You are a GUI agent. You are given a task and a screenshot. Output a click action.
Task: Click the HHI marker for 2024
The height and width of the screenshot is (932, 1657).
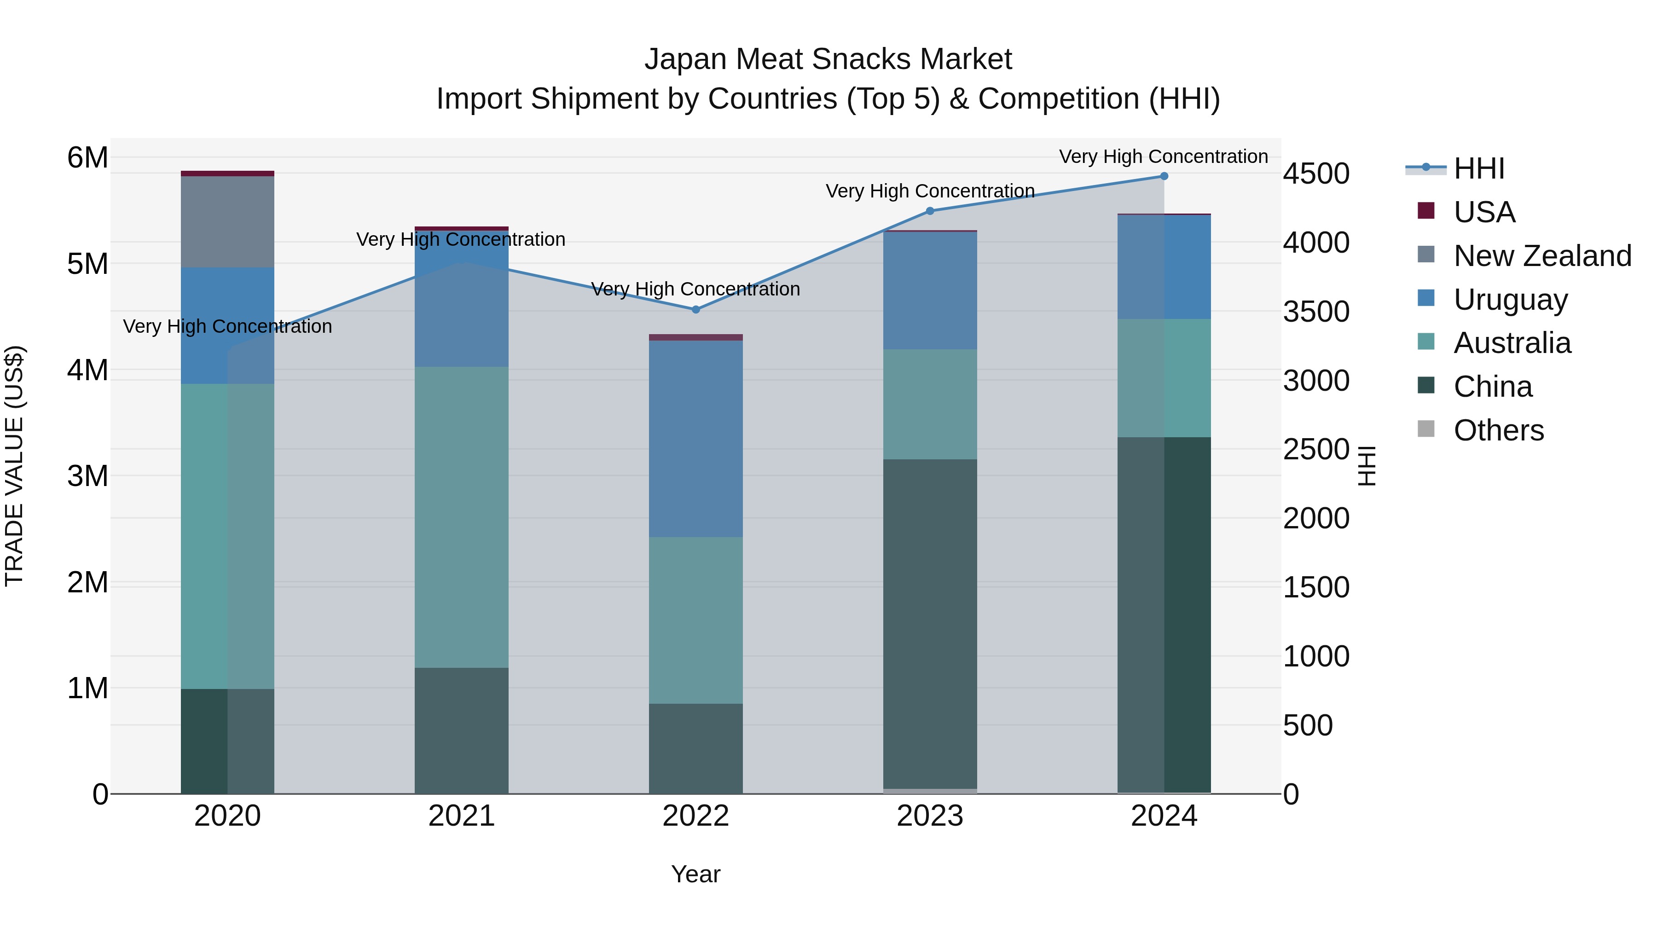pos(1164,176)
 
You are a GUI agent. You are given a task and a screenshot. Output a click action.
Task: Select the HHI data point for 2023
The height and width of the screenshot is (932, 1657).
pos(929,211)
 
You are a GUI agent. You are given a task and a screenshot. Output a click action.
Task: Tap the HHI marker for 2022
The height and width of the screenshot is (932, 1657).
pos(695,309)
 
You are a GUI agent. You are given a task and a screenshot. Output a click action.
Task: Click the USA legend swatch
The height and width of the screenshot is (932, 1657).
pos(1426,211)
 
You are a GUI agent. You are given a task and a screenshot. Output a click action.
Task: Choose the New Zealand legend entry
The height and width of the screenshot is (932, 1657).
pos(1542,256)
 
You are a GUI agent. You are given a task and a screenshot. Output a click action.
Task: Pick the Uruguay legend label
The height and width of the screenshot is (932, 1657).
pos(1510,300)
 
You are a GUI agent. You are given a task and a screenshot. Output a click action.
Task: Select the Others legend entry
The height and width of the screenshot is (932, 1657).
pos(1498,430)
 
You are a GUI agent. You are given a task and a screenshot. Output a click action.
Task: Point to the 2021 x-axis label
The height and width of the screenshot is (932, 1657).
pos(461,816)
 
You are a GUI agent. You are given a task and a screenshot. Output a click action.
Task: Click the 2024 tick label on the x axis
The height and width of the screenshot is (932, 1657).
pos(1164,816)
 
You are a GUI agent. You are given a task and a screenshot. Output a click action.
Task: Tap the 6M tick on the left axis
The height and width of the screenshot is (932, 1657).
pos(87,157)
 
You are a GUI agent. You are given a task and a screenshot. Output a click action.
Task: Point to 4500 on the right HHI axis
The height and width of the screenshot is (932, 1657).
pos(1316,174)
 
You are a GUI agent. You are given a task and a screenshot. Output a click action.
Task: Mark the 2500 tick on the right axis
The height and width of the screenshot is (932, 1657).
pos(1316,450)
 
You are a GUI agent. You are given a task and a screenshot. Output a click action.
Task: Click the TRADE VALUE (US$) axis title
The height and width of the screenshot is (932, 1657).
pos(15,466)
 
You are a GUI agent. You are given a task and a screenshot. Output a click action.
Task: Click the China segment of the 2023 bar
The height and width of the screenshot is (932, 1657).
pos(929,624)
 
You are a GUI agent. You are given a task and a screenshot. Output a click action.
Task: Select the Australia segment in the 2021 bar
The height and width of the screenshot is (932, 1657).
pos(461,517)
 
